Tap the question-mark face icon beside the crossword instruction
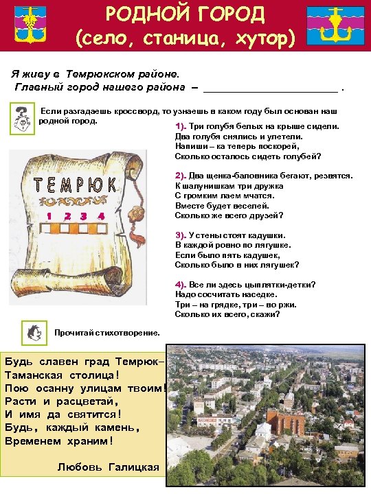(x=23, y=119)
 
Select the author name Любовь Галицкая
(x=109, y=467)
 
